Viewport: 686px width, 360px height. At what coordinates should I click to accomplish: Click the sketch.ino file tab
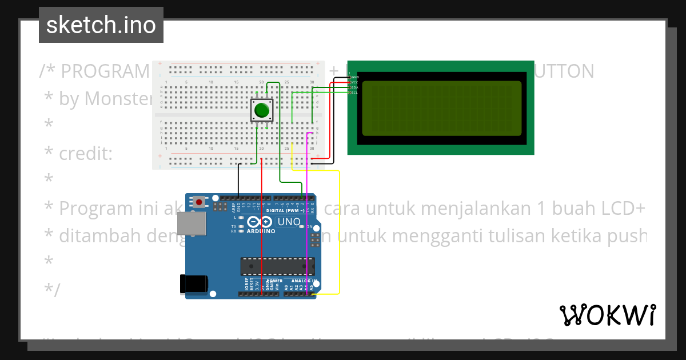click(101, 25)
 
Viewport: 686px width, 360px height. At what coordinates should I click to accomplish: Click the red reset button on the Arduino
click(199, 201)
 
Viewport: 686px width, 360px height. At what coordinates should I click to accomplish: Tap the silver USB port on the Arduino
click(192, 225)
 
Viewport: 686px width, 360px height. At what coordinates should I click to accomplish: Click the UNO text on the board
click(289, 222)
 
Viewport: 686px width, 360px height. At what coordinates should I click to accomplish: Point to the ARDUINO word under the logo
click(261, 231)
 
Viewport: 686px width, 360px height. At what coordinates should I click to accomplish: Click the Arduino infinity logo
click(260, 222)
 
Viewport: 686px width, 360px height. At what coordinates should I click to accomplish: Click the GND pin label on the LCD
click(354, 77)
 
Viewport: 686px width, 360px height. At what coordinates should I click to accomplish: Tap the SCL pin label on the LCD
click(354, 92)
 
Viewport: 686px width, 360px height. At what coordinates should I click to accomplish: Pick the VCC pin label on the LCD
click(354, 82)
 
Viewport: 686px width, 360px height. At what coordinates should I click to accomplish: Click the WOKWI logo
click(607, 315)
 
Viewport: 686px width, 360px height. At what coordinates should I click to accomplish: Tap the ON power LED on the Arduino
click(309, 227)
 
